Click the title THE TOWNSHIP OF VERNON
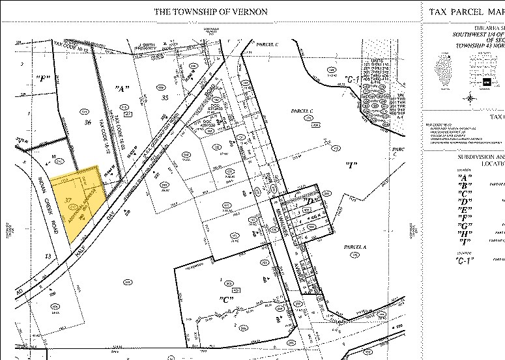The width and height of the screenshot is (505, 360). [210, 12]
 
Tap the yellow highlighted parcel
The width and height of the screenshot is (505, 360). [77, 199]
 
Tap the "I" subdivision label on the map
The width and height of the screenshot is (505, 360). [350, 163]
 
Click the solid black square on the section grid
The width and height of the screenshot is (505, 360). [486, 83]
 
